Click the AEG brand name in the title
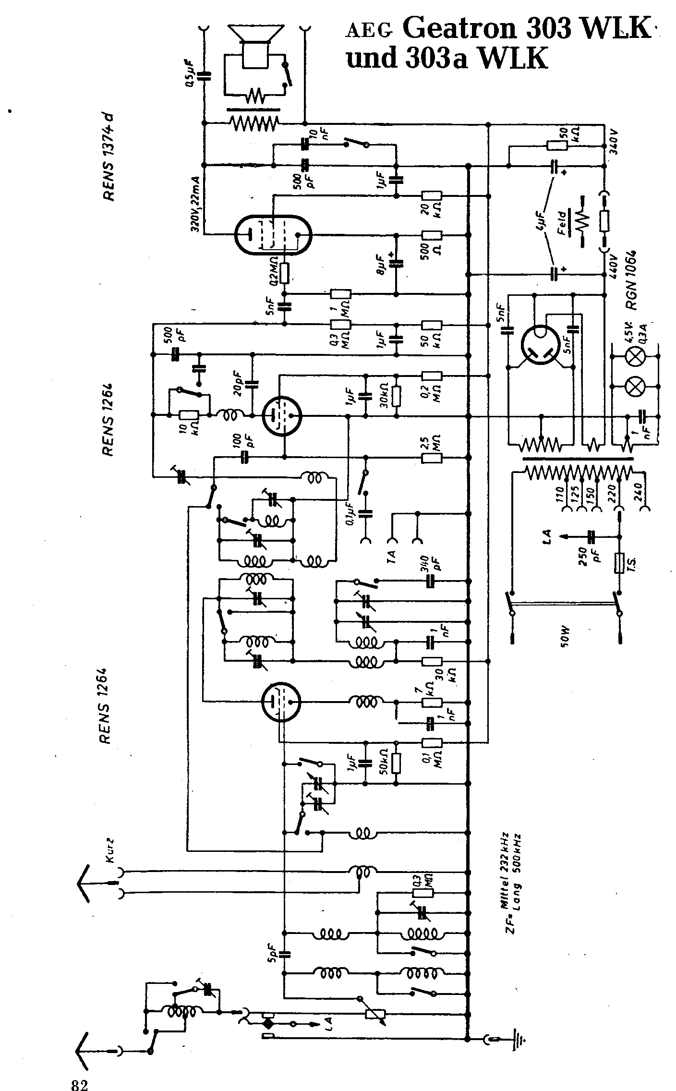point(370,31)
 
